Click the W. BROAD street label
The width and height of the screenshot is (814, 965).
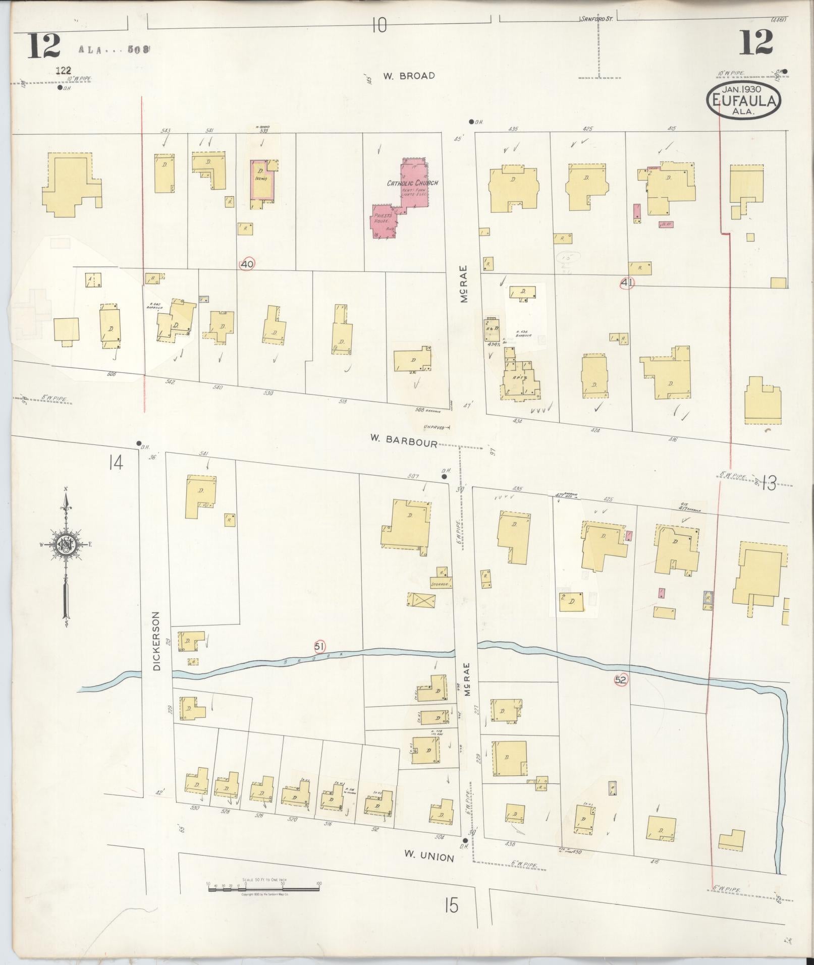pyautogui.click(x=408, y=76)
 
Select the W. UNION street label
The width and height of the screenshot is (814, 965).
pyautogui.click(x=429, y=857)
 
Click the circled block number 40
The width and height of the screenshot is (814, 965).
pyautogui.click(x=247, y=264)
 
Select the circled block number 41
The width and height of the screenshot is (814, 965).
pyautogui.click(x=626, y=283)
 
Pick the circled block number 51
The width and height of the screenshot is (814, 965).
pyautogui.click(x=319, y=646)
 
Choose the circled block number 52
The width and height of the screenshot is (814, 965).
pyautogui.click(x=621, y=679)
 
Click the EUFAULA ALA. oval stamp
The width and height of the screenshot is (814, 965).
pyautogui.click(x=743, y=100)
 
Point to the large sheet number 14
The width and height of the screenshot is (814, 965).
pyautogui.click(x=115, y=462)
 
